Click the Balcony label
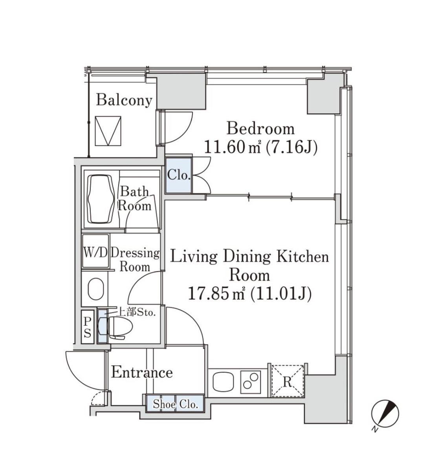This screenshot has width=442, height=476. [x=124, y=100]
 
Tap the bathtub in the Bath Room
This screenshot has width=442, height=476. [x=101, y=199]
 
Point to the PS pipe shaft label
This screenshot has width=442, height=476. [x=87, y=327]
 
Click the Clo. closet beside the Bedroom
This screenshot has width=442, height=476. [x=179, y=175]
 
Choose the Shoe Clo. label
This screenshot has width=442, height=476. [x=176, y=404]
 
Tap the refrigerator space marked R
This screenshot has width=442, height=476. [x=287, y=381]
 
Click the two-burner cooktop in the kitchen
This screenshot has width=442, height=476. [x=250, y=381]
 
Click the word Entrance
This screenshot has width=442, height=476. [x=142, y=373]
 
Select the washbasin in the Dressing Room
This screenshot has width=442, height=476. [x=96, y=289]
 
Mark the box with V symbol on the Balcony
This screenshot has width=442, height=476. [x=108, y=131]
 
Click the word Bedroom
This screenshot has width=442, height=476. [x=261, y=129]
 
